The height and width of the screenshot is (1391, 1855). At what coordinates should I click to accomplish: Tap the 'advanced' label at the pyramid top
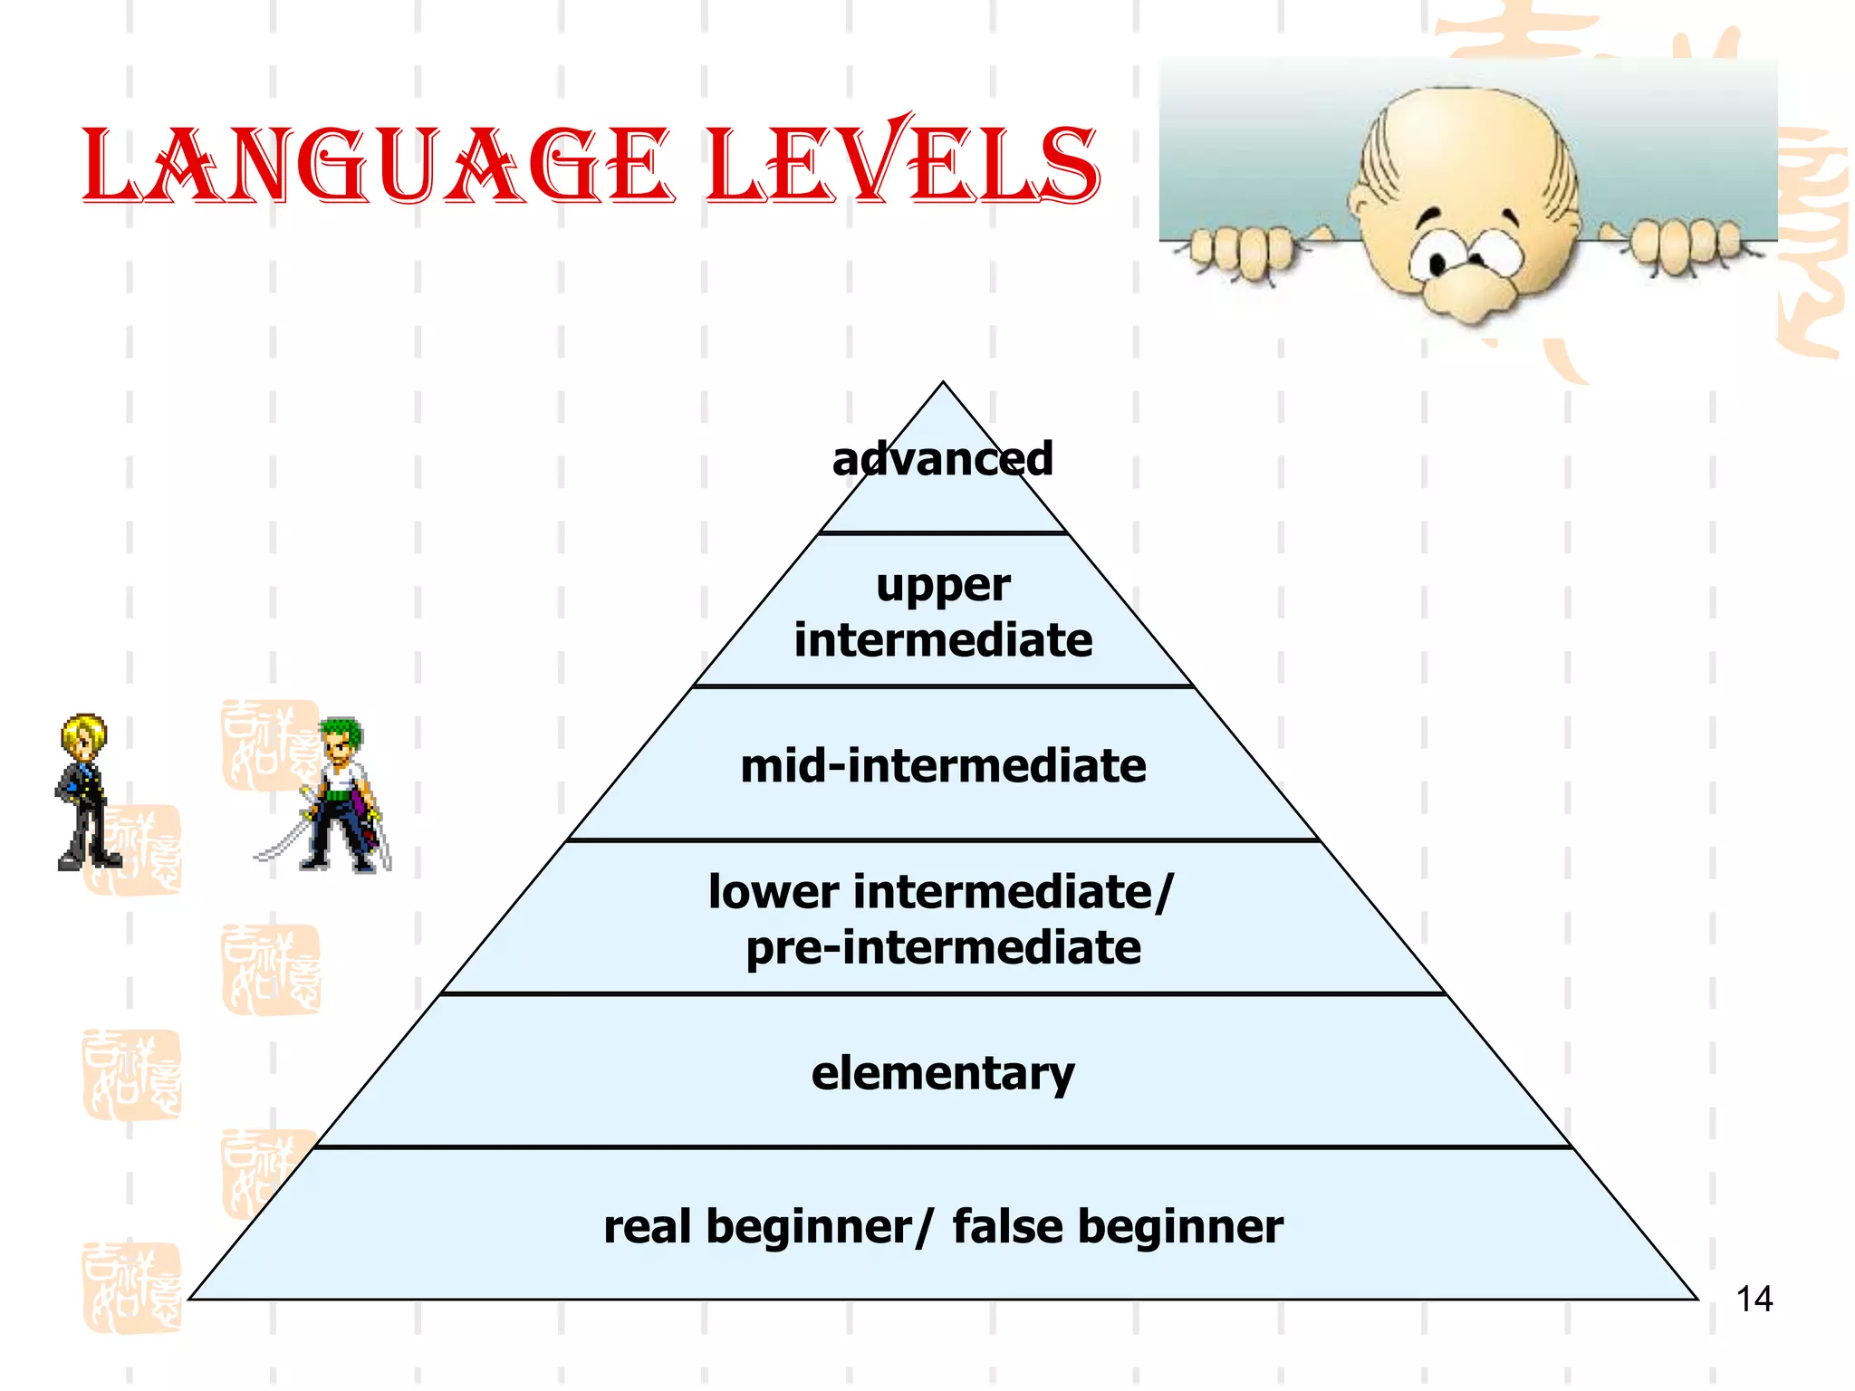[943, 458]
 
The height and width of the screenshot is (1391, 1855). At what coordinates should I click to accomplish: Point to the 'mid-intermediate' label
[943, 766]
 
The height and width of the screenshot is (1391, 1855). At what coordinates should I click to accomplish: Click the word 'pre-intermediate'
[943, 948]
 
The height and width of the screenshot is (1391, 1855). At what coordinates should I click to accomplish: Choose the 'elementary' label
[943, 1073]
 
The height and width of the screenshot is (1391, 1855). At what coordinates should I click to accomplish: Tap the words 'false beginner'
[1118, 1227]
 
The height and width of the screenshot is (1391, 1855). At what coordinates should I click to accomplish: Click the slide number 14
[1754, 1299]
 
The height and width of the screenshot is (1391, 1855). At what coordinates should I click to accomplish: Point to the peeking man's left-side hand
[1241, 250]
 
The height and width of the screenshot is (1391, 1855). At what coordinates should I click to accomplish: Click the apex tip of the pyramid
[943, 384]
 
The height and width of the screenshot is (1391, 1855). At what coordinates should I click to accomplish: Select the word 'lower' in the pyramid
[773, 892]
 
